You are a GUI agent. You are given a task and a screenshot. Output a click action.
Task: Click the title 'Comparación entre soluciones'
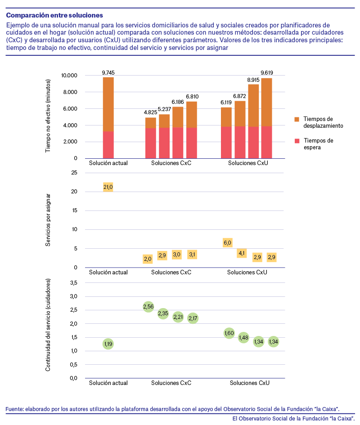(x=54, y=15)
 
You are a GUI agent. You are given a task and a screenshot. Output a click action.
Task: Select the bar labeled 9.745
(x=108, y=118)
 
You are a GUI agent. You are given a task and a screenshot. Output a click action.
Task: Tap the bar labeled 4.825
(x=151, y=138)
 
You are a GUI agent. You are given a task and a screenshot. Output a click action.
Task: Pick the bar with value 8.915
(x=253, y=121)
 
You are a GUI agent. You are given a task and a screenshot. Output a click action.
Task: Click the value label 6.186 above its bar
(x=178, y=102)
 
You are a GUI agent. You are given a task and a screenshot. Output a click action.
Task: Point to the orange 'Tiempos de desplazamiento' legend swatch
(x=297, y=119)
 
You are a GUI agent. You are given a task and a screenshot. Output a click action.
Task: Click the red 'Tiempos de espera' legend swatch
(x=297, y=141)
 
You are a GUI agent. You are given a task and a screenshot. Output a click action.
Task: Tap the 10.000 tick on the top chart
(x=69, y=76)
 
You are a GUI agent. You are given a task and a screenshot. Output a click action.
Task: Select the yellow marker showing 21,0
(x=108, y=187)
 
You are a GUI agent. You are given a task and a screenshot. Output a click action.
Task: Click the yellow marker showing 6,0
(x=227, y=242)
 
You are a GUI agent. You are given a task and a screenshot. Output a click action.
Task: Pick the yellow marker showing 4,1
(x=242, y=253)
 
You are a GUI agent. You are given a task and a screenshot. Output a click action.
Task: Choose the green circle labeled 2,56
(x=148, y=307)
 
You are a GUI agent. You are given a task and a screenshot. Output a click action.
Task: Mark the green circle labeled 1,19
(x=108, y=344)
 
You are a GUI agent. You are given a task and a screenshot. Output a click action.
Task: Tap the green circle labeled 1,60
(x=229, y=333)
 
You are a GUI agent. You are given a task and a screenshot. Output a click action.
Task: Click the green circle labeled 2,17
(x=193, y=318)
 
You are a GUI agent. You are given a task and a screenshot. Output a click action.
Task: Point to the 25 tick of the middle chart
(x=74, y=173)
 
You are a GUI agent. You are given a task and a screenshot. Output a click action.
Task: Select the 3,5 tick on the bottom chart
(x=73, y=283)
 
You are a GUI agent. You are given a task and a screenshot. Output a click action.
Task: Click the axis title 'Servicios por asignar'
(x=48, y=220)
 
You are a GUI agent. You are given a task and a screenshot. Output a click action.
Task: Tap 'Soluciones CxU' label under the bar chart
(x=248, y=163)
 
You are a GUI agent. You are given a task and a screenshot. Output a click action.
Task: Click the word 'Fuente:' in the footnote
(x=14, y=409)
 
